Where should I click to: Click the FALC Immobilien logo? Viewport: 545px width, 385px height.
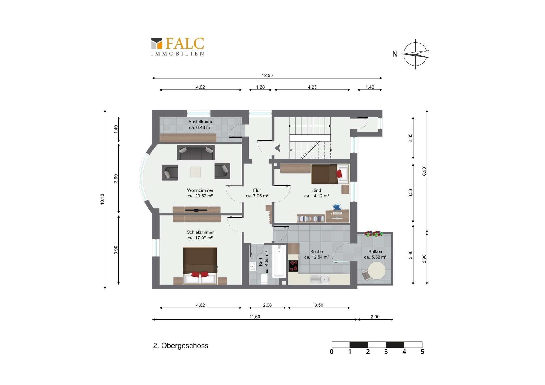[177, 47]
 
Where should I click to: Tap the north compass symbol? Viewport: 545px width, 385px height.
[416, 54]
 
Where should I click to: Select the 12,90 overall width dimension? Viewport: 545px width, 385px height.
[267, 75]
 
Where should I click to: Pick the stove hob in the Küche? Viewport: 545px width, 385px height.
[293, 266]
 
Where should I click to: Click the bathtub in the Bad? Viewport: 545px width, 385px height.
[279, 261]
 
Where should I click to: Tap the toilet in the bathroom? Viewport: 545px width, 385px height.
[264, 279]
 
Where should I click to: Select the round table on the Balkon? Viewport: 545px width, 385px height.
[377, 271]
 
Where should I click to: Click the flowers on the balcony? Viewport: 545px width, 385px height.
[374, 234]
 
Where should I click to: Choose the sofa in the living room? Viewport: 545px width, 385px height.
[196, 153]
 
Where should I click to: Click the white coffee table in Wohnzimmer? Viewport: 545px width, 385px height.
[195, 172]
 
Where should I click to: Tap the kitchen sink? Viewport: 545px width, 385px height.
[320, 279]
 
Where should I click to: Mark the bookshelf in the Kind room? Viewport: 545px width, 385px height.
[311, 218]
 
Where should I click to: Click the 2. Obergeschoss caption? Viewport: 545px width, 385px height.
[181, 346]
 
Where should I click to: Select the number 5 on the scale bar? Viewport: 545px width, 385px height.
[422, 352]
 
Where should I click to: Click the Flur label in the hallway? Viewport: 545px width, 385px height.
[257, 190]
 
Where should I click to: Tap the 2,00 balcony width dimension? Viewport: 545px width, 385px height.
[375, 317]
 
